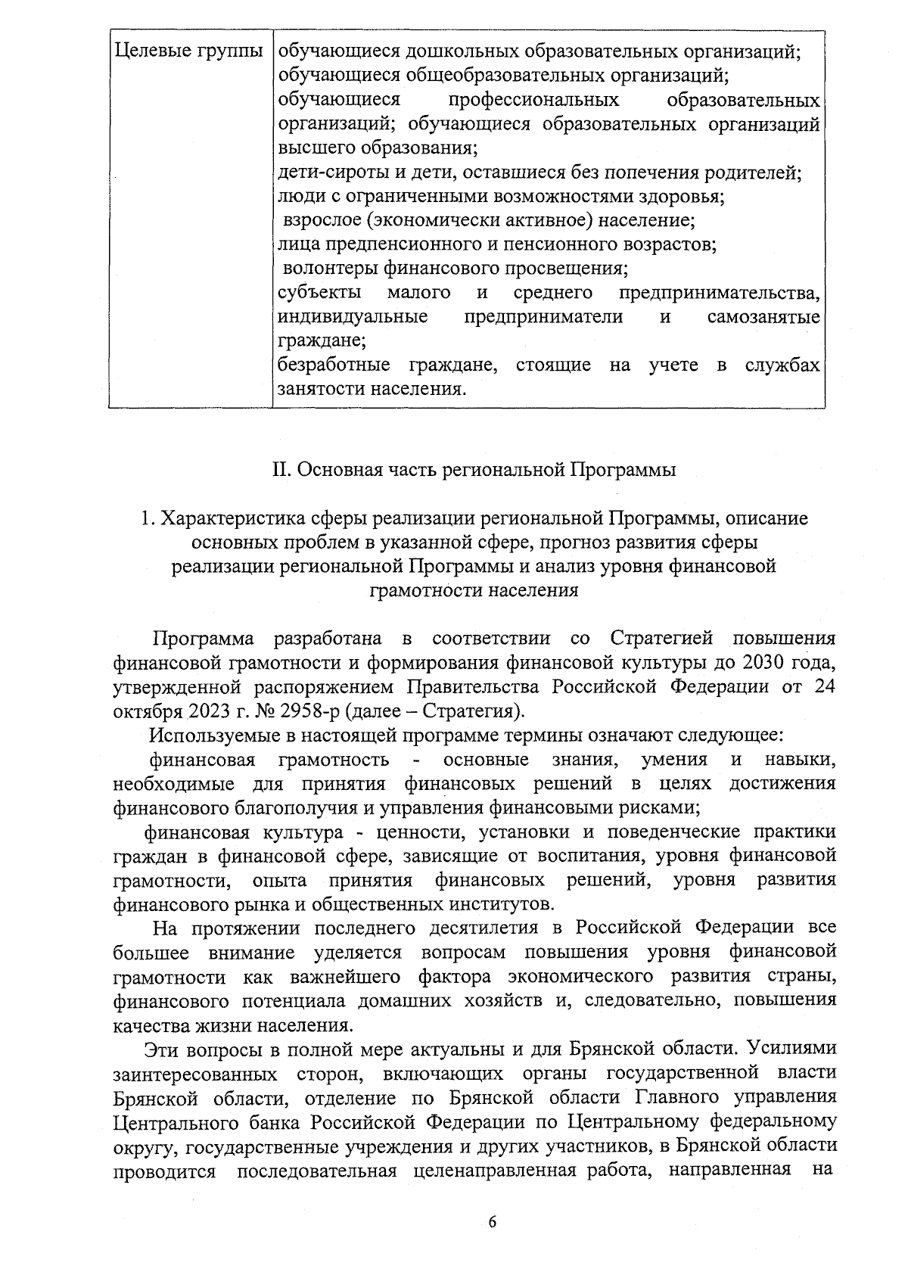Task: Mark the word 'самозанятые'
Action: pos(763,317)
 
